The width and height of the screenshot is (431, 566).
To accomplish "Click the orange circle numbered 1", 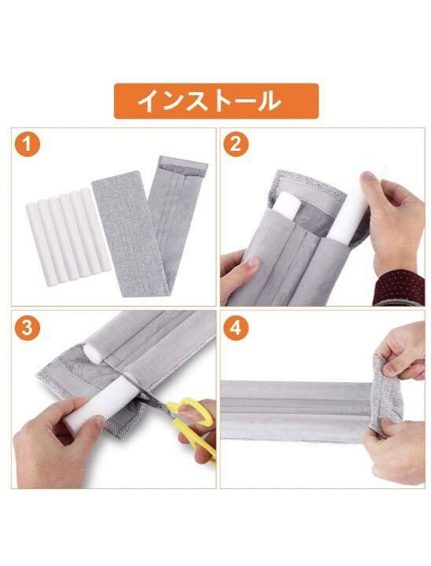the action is click(27, 145).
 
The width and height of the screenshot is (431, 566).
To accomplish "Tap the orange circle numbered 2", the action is click(236, 145).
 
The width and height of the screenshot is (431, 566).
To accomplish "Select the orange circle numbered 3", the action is click(27, 328).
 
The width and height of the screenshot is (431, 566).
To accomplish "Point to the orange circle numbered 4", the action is click(236, 328).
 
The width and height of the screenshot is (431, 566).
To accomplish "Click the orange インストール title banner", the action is click(216, 101).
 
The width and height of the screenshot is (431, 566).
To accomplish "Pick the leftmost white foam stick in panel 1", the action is click(40, 244).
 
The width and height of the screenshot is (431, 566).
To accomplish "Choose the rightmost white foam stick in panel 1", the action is click(97, 230).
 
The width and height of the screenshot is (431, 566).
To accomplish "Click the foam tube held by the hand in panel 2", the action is click(351, 206).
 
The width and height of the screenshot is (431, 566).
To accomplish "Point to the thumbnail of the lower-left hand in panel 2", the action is click(253, 263).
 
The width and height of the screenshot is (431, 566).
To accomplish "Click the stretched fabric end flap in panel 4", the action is click(386, 395).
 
